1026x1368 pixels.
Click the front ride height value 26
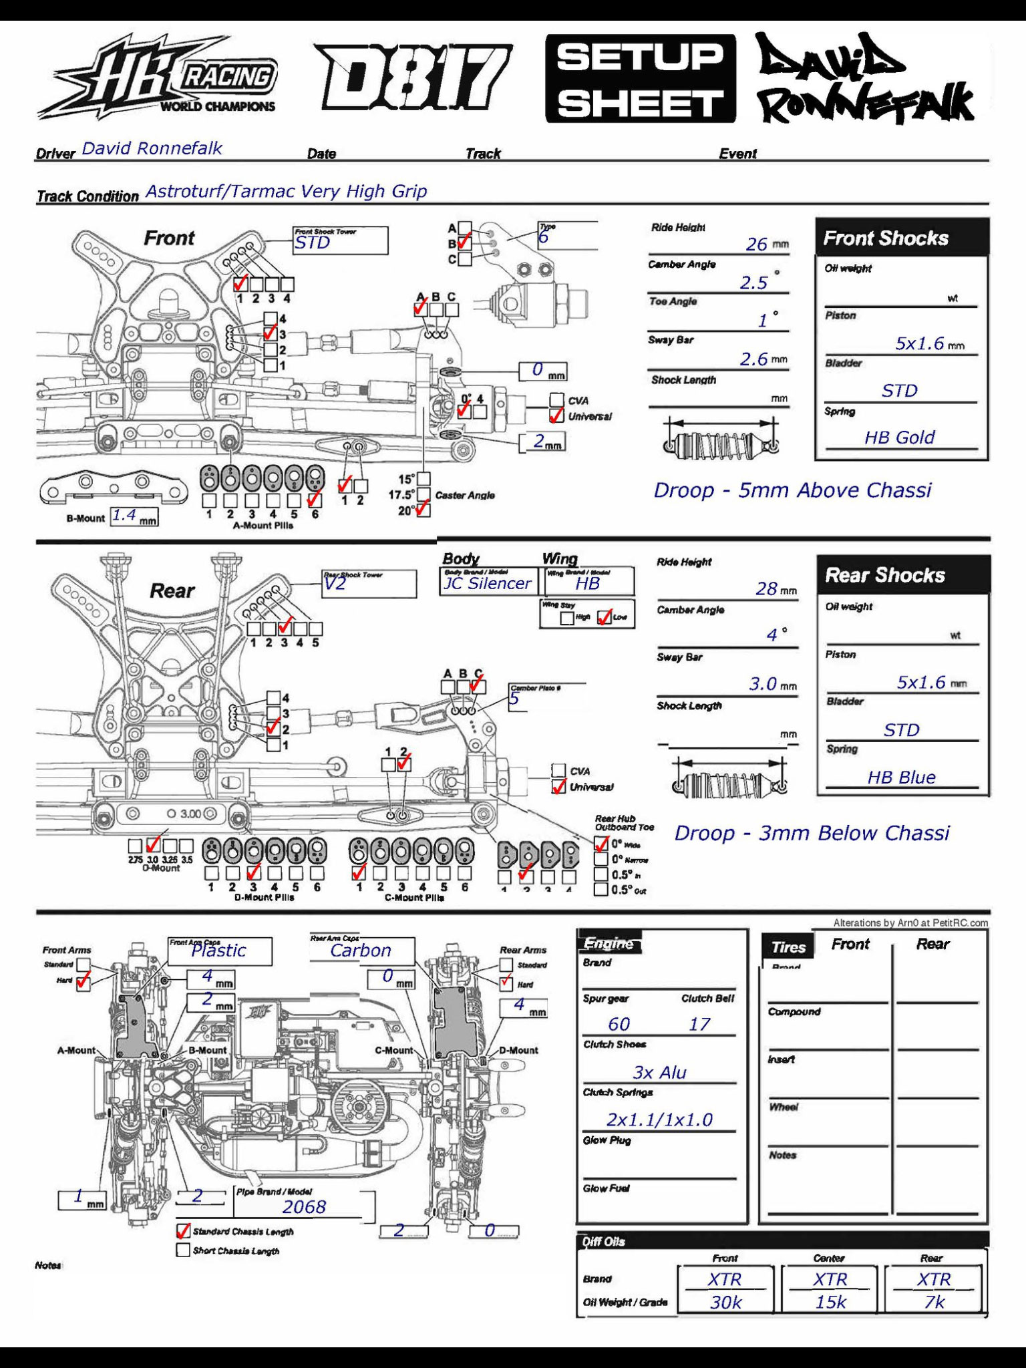tap(756, 244)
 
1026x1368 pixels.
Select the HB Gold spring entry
tap(899, 438)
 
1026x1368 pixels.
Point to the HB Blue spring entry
tap(901, 777)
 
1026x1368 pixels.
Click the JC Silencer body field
tap(488, 583)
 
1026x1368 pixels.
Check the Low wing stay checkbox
tap(604, 617)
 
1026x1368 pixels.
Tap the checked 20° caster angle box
tap(423, 510)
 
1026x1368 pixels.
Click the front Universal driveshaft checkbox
tap(556, 416)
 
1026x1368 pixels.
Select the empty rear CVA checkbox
tap(558, 771)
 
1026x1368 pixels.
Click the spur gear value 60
tap(619, 1024)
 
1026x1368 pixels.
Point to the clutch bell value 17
tap(699, 1024)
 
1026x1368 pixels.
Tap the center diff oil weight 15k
tap(830, 1302)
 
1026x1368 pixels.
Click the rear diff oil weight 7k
tap(934, 1302)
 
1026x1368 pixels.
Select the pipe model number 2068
tap(304, 1206)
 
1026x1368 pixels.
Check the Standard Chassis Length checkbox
tap(183, 1230)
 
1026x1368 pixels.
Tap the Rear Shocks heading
tap(885, 575)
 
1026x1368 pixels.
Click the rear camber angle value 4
tap(772, 635)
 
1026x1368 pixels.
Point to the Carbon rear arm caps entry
tap(361, 951)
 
